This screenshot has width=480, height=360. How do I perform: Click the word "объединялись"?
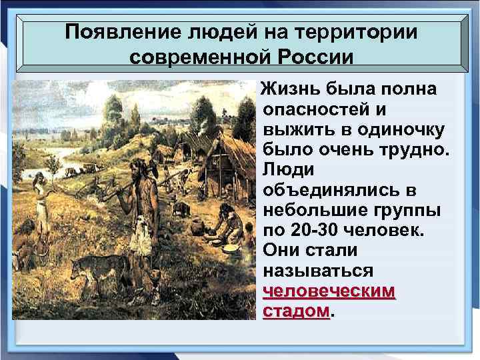click(340, 191)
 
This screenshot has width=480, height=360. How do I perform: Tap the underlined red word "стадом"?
click(296, 312)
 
